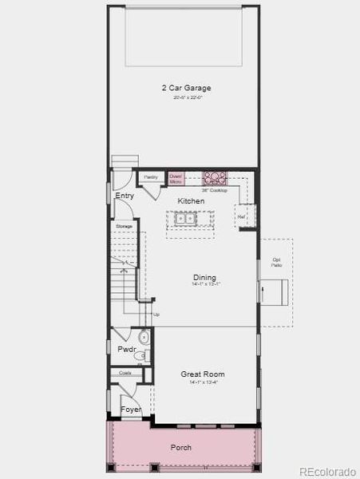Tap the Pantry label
pos(150,176)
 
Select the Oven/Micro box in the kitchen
pos(176,179)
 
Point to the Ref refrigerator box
pos(239,216)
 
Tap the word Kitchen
pos(191,200)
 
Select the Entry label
pos(125,196)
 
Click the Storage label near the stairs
pos(124,226)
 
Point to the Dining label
pos(204,277)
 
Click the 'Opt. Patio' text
pos(276,262)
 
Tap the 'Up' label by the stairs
pos(156,315)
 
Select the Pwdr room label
pos(126,349)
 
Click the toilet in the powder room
pos(144,336)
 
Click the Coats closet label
pos(125,373)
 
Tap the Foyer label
pos(131,410)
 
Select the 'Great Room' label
pos(202,374)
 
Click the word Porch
pos(181,448)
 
